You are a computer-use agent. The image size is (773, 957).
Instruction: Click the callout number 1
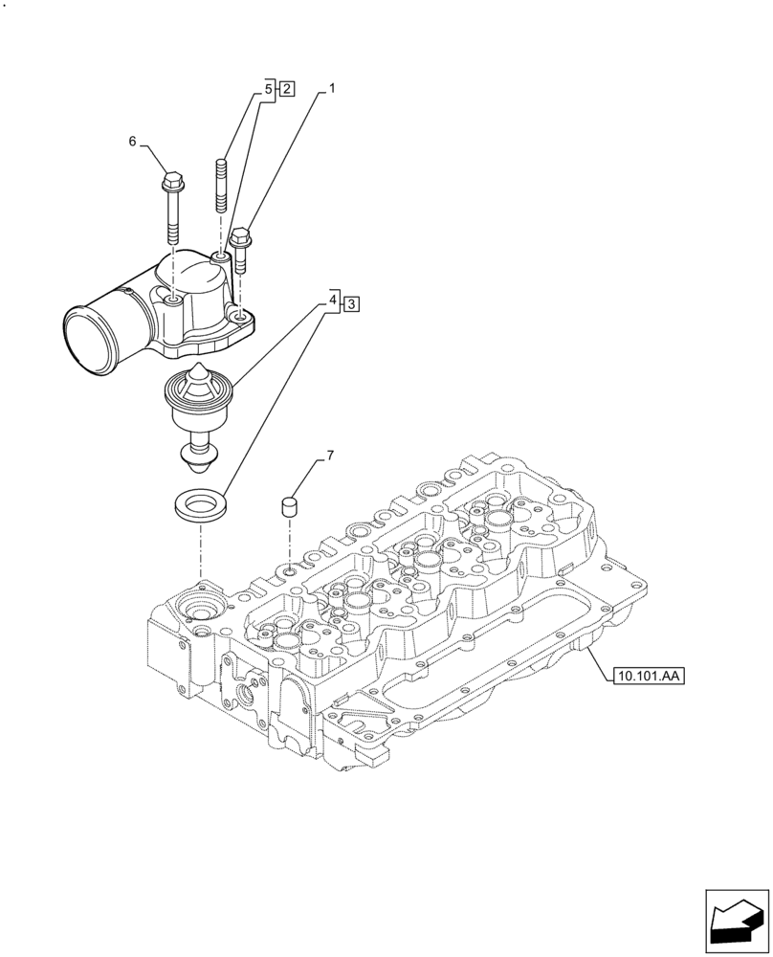tap(332, 89)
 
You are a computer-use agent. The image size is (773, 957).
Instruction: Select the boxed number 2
tap(286, 89)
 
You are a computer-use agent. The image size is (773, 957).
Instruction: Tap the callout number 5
tap(270, 89)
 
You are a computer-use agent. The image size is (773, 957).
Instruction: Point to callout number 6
tap(134, 142)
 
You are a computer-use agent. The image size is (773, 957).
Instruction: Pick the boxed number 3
tap(351, 303)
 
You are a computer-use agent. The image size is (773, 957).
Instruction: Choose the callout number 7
tap(330, 455)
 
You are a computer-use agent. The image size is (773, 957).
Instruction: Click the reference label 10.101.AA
tap(648, 677)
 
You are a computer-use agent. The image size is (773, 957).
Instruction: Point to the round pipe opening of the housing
tap(86, 334)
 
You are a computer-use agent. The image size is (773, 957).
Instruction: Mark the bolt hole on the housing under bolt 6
tap(172, 301)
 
